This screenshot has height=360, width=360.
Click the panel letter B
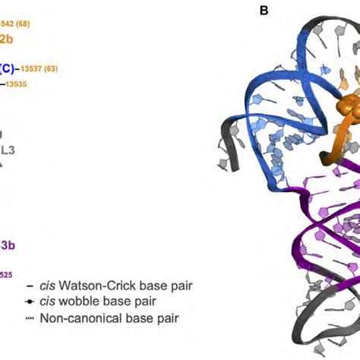264,10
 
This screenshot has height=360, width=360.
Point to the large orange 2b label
6,39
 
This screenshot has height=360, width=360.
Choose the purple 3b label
7,245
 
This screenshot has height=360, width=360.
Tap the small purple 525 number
5,273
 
